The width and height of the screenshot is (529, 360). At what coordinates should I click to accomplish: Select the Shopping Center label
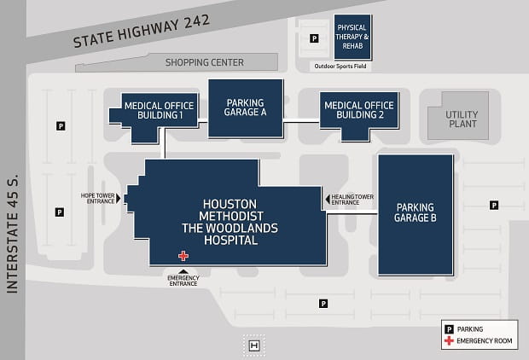tap(205, 62)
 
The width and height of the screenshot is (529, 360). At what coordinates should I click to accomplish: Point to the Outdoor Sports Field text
tap(340, 66)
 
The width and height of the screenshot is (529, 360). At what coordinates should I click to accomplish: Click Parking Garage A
tap(246, 107)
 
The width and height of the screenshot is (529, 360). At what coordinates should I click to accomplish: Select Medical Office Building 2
tap(359, 110)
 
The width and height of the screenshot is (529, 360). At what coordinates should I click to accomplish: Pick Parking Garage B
tap(416, 212)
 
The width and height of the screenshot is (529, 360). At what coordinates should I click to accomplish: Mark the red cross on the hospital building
tap(183, 255)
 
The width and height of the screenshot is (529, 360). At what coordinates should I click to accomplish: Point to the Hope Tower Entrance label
tap(99, 198)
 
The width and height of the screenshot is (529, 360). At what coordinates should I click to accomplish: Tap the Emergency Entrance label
tap(183, 281)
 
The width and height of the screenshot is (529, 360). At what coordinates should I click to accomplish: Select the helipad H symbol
tap(254, 345)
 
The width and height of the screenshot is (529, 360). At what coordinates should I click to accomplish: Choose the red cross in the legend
tap(448, 341)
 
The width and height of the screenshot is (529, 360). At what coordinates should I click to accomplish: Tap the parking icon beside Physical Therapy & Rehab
tap(314, 38)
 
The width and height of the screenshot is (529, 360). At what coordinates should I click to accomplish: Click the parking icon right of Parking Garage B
tap(494, 205)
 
